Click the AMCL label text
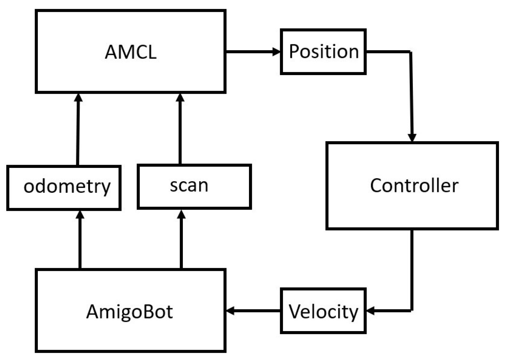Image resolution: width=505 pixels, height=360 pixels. pos(130,52)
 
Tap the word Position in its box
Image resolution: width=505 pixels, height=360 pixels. pos(324,52)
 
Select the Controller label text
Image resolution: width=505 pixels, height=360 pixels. pos(414,185)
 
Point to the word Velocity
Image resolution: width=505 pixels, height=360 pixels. pos(323,312)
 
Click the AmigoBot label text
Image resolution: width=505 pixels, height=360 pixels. pos(129,312)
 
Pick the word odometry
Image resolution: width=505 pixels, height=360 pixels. pos(67,187)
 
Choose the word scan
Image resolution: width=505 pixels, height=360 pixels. pos(189,185)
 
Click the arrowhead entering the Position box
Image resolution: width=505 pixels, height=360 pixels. pos(277,52)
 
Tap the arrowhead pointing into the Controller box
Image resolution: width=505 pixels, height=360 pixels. pos(412,138)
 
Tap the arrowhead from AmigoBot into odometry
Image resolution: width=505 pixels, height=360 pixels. pos(80,215)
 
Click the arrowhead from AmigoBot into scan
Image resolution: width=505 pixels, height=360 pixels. pos(181,215)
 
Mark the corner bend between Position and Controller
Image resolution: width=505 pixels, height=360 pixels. pos(411,52)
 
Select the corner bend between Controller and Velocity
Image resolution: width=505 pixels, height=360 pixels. pos(412,310)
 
